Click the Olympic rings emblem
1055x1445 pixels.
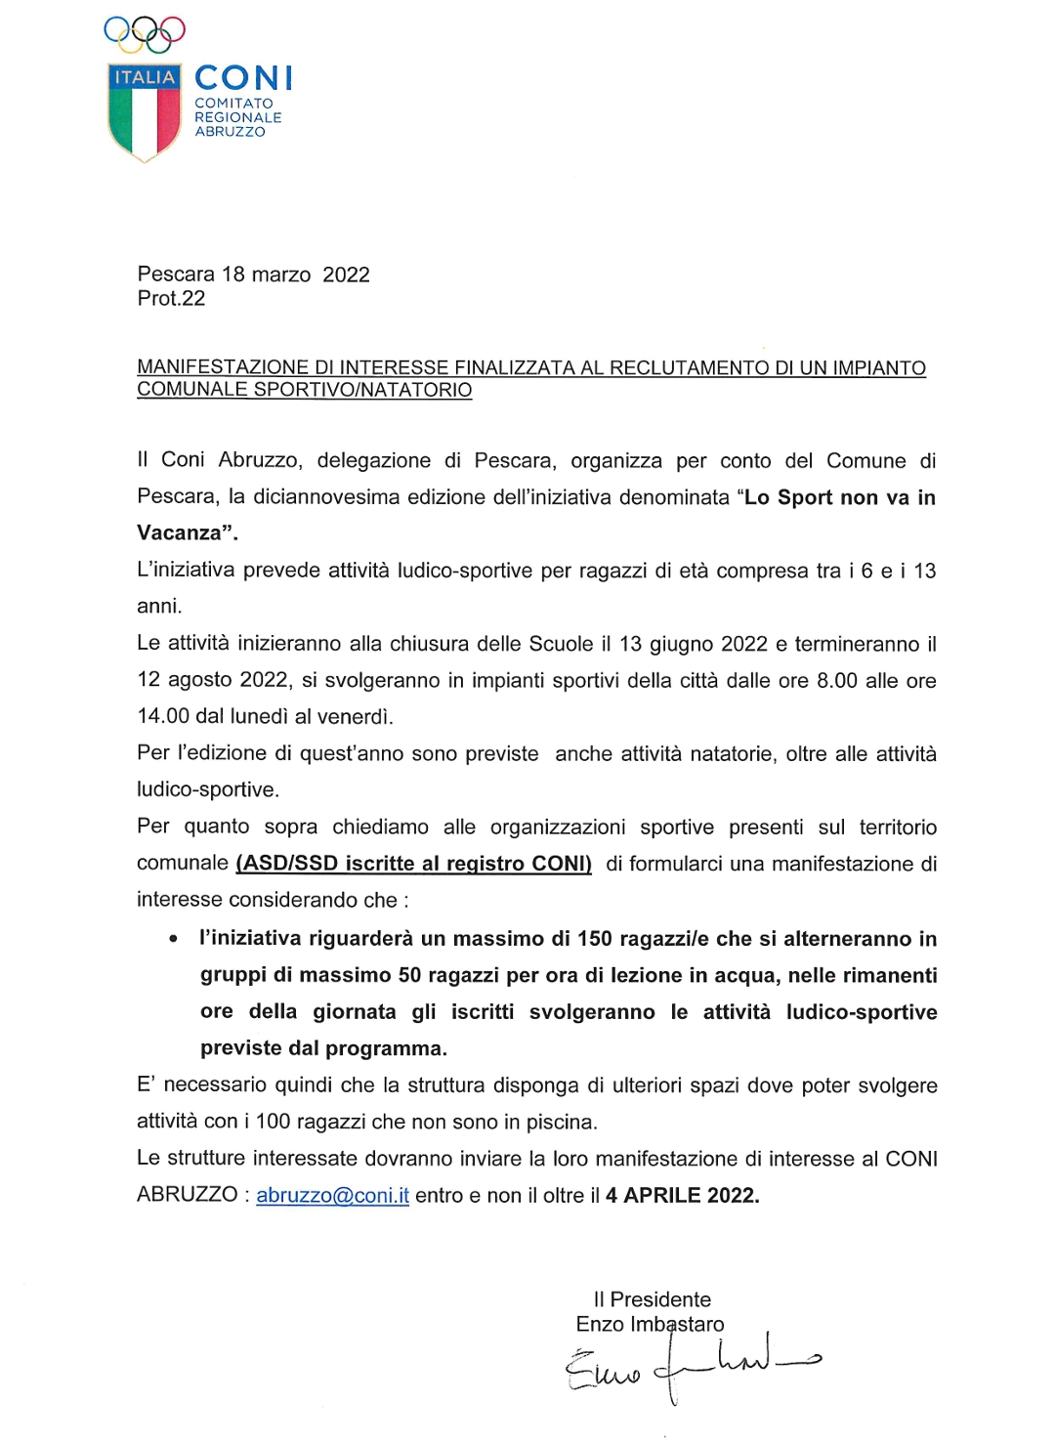click(145, 33)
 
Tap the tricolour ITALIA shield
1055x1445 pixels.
click(145, 112)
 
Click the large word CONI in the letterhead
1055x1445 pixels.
click(243, 78)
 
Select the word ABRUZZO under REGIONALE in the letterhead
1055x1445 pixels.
click(230, 132)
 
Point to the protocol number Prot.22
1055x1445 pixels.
click(171, 299)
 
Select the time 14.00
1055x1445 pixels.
click(163, 716)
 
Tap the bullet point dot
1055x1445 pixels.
click(173, 940)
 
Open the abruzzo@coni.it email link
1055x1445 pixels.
click(332, 1196)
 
